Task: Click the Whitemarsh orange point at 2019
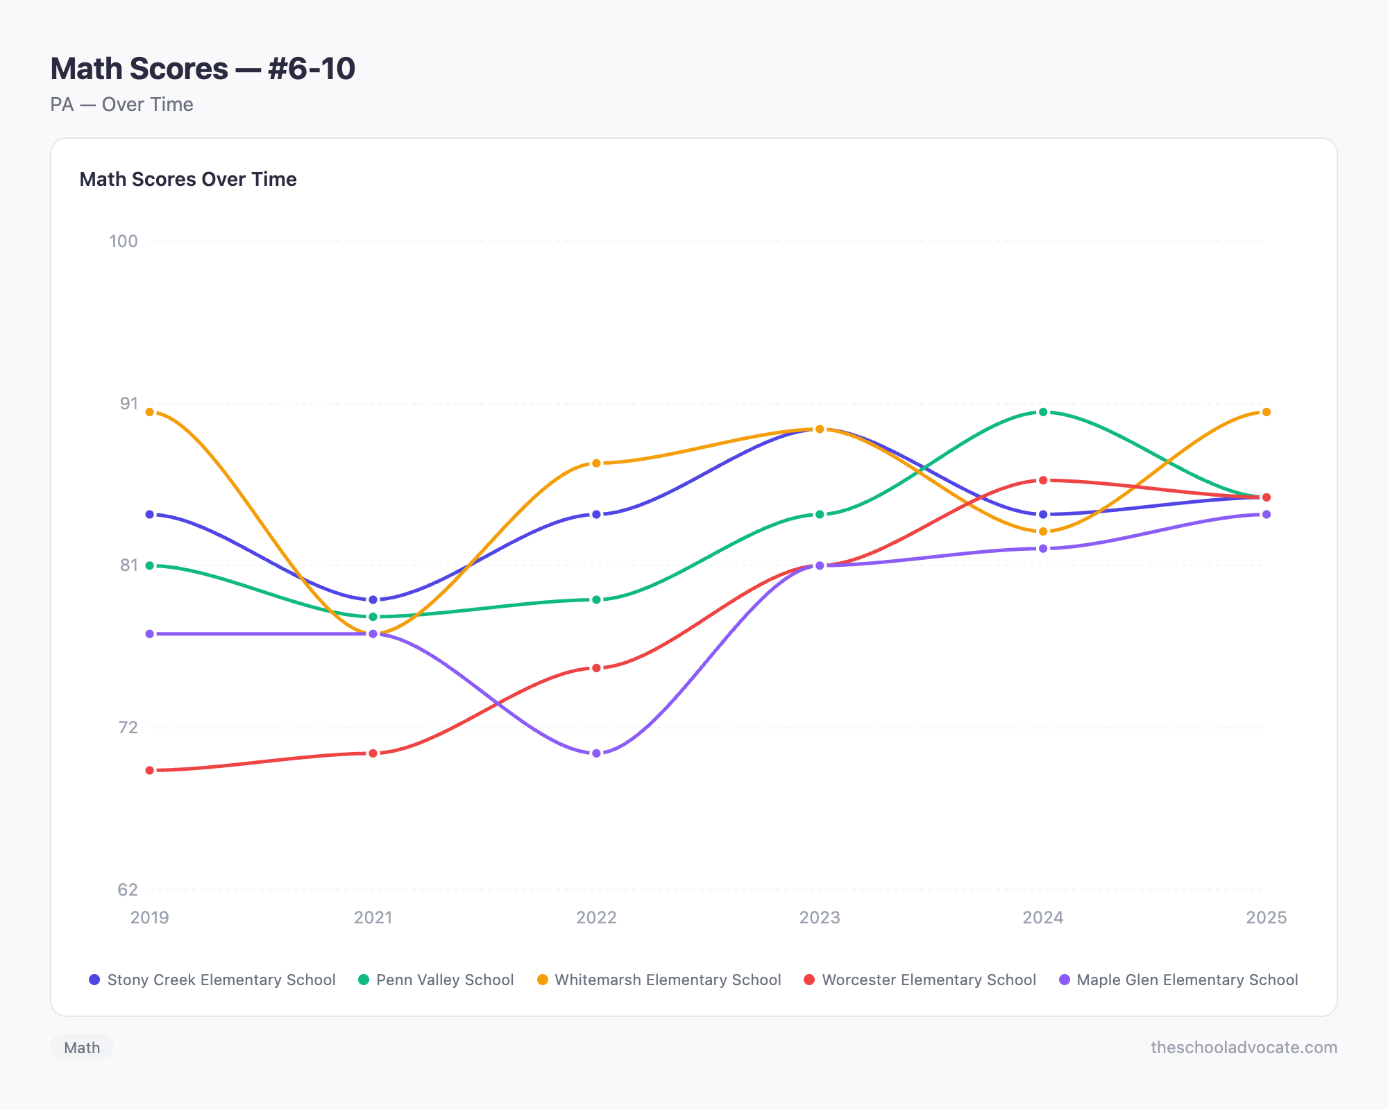pos(150,412)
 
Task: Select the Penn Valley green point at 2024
pos(1043,412)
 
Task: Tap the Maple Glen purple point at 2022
pos(596,753)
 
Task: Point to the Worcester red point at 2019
pos(150,771)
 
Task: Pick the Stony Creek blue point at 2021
pos(373,599)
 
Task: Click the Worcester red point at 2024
pos(1043,480)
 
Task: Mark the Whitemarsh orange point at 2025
pos(1266,412)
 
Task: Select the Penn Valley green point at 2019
pos(150,565)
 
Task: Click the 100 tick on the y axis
pos(124,241)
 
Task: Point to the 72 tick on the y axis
pos(128,728)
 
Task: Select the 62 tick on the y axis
pos(128,889)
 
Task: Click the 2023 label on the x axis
pos(820,918)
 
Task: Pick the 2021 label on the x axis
pos(373,918)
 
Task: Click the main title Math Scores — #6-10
pos(203,69)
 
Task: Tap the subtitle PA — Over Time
pos(122,105)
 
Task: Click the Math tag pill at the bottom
pos(82,1048)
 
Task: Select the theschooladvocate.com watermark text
pos(1244,1048)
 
